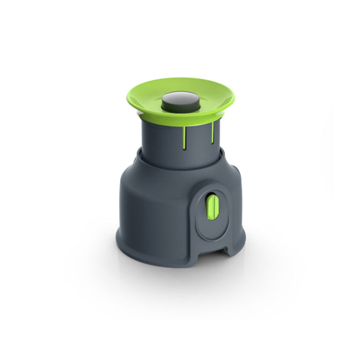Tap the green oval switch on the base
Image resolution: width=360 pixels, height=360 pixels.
[213, 207]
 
